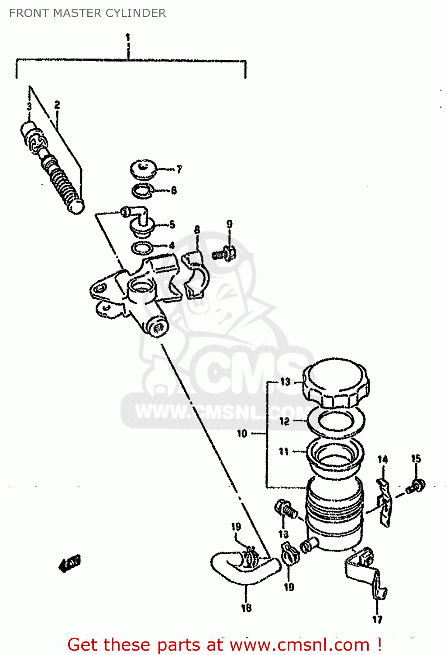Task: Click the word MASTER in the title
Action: click(71, 13)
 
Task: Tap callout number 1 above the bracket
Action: click(127, 38)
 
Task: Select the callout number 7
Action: click(179, 169)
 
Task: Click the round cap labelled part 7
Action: click(144, 169)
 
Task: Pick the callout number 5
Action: click(172, 224)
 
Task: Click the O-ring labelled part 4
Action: click(142, 248)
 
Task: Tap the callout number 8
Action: click(197, 230)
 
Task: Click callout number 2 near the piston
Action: click(57, 105)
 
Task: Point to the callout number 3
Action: click(29, 107)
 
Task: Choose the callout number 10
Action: click(242, 434)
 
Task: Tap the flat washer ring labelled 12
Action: click(336, 421)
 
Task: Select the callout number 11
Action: click(284, 452)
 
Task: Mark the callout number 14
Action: click(382, 459)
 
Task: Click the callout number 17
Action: click(377, 619)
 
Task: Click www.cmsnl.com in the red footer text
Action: click(299, 645)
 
